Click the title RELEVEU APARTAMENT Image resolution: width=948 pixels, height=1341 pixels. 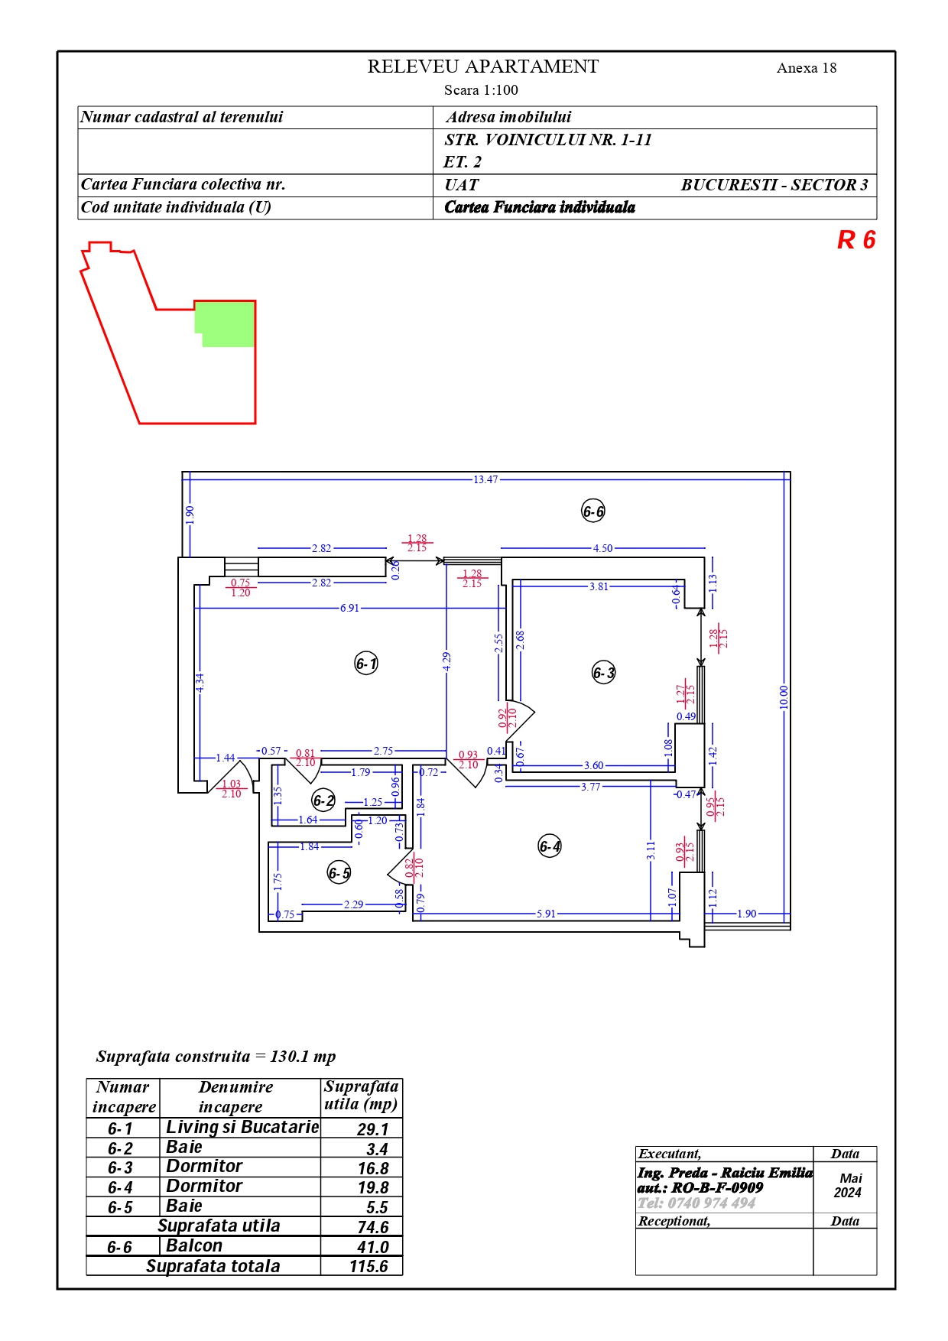[x=482, y=67]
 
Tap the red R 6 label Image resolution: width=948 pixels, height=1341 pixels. [x=856, y=240]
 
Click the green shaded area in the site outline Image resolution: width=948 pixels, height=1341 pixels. [x=226, y=323]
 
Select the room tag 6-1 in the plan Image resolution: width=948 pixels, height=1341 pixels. [x=367, y=664]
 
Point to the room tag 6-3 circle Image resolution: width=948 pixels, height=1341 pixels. [x=604, y=673]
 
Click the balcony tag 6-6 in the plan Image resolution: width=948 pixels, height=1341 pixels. [x=593, y=511]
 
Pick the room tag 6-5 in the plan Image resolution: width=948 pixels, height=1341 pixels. [x=339, y=872]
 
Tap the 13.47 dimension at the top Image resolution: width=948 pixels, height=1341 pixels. [x=485, y=480]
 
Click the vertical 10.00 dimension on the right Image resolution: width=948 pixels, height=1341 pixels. [x=784, y=697]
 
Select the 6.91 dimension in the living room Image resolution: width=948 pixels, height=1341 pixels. [x=349, y=609]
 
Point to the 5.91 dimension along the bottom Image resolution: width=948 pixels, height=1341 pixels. [x=546, y=914]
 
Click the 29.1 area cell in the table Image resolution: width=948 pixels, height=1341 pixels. [x=373, y=1129]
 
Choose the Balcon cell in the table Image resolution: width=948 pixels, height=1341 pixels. [x=194, y=1245]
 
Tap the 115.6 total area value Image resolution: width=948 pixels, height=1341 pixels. [x=368, y=1266]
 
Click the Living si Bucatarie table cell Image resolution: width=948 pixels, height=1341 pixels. [x=242, y=1127]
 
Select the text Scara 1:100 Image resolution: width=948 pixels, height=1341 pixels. [x=481, y=90]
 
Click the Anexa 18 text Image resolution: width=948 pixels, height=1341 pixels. [x=807, y=68]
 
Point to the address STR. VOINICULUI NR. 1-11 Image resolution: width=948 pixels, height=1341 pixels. [x=548, y=140]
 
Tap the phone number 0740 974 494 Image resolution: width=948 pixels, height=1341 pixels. [x=712, y=1203]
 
